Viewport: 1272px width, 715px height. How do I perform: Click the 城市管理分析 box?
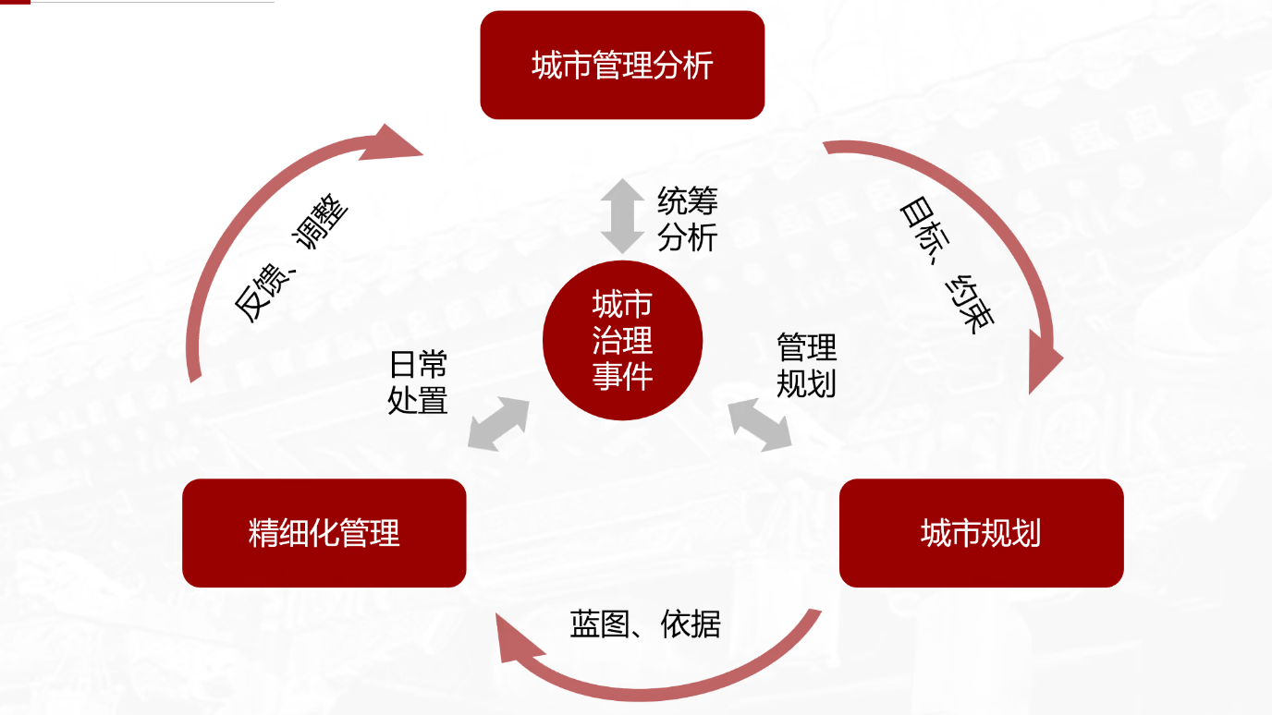622,65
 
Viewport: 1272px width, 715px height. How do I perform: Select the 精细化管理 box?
324,533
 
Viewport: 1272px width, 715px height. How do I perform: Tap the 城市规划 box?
981,533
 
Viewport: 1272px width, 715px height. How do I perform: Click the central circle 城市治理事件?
622,341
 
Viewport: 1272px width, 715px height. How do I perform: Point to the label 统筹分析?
687,219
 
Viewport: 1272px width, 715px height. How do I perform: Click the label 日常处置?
418,382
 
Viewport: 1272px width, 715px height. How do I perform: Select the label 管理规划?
806,364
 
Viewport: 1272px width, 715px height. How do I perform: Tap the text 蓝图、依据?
644,625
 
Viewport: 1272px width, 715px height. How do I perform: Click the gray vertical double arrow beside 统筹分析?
622,216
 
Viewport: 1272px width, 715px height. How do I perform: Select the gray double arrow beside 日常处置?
499,424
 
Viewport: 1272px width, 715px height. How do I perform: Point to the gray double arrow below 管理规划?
760,425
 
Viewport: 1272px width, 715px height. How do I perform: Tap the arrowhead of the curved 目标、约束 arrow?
1047,370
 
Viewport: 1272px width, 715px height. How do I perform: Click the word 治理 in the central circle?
622,341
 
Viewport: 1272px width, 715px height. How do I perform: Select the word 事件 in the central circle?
622,377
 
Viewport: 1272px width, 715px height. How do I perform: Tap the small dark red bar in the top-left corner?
15,2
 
